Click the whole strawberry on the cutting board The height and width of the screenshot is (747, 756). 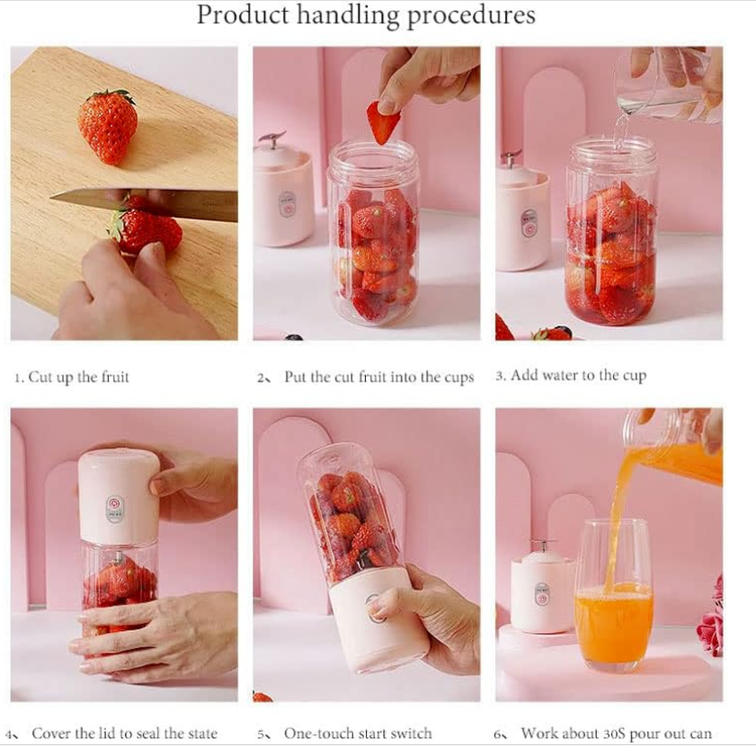coord(108,127)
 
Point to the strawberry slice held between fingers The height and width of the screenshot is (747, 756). coord(383,122)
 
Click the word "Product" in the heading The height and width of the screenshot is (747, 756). coord(243,14)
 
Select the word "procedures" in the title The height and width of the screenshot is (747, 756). coord(471,16)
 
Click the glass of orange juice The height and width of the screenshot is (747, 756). coord(613,596)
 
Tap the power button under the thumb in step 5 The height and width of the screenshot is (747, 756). coord(374,609)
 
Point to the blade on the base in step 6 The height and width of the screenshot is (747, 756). coord(544,546)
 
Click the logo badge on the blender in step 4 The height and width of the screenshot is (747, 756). coord(115,509)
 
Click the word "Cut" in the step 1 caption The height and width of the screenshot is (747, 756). coord(40,377)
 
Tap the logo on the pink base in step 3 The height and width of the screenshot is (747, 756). coord(529,223)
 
